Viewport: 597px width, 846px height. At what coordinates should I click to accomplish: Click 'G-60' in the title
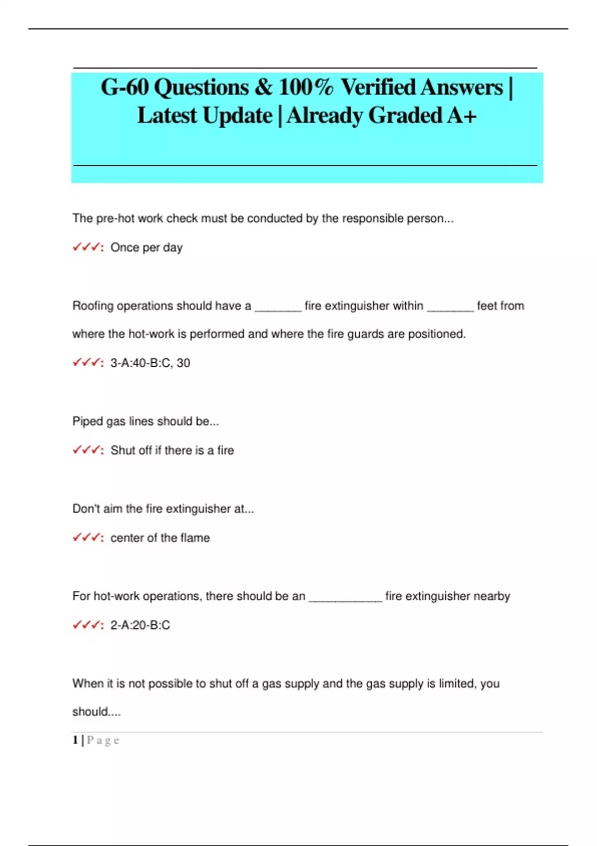coord(125,88)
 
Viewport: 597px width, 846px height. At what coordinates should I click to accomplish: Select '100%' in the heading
coord(305,88)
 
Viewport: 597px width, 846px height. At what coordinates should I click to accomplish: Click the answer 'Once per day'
coord(146,247)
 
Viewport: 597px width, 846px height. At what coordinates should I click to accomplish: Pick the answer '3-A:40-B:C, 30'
coord(150,363)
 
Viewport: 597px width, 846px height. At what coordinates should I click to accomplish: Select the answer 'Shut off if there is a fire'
coord(172,450)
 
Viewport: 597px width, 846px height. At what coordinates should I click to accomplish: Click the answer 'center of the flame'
coord(160,538)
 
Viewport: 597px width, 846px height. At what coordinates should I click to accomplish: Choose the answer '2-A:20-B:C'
coord(140,625)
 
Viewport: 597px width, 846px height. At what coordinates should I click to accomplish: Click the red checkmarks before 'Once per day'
coord(88,247)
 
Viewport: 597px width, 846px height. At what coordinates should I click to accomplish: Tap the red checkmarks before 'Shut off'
coord(88,450)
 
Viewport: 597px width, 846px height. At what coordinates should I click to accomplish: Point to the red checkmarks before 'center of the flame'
coord(88,537)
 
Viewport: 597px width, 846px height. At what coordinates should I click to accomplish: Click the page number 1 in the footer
coord(75,740)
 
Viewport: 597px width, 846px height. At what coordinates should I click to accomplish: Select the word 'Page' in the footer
coord(103,740)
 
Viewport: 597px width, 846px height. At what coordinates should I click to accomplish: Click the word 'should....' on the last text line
coord(97,712)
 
